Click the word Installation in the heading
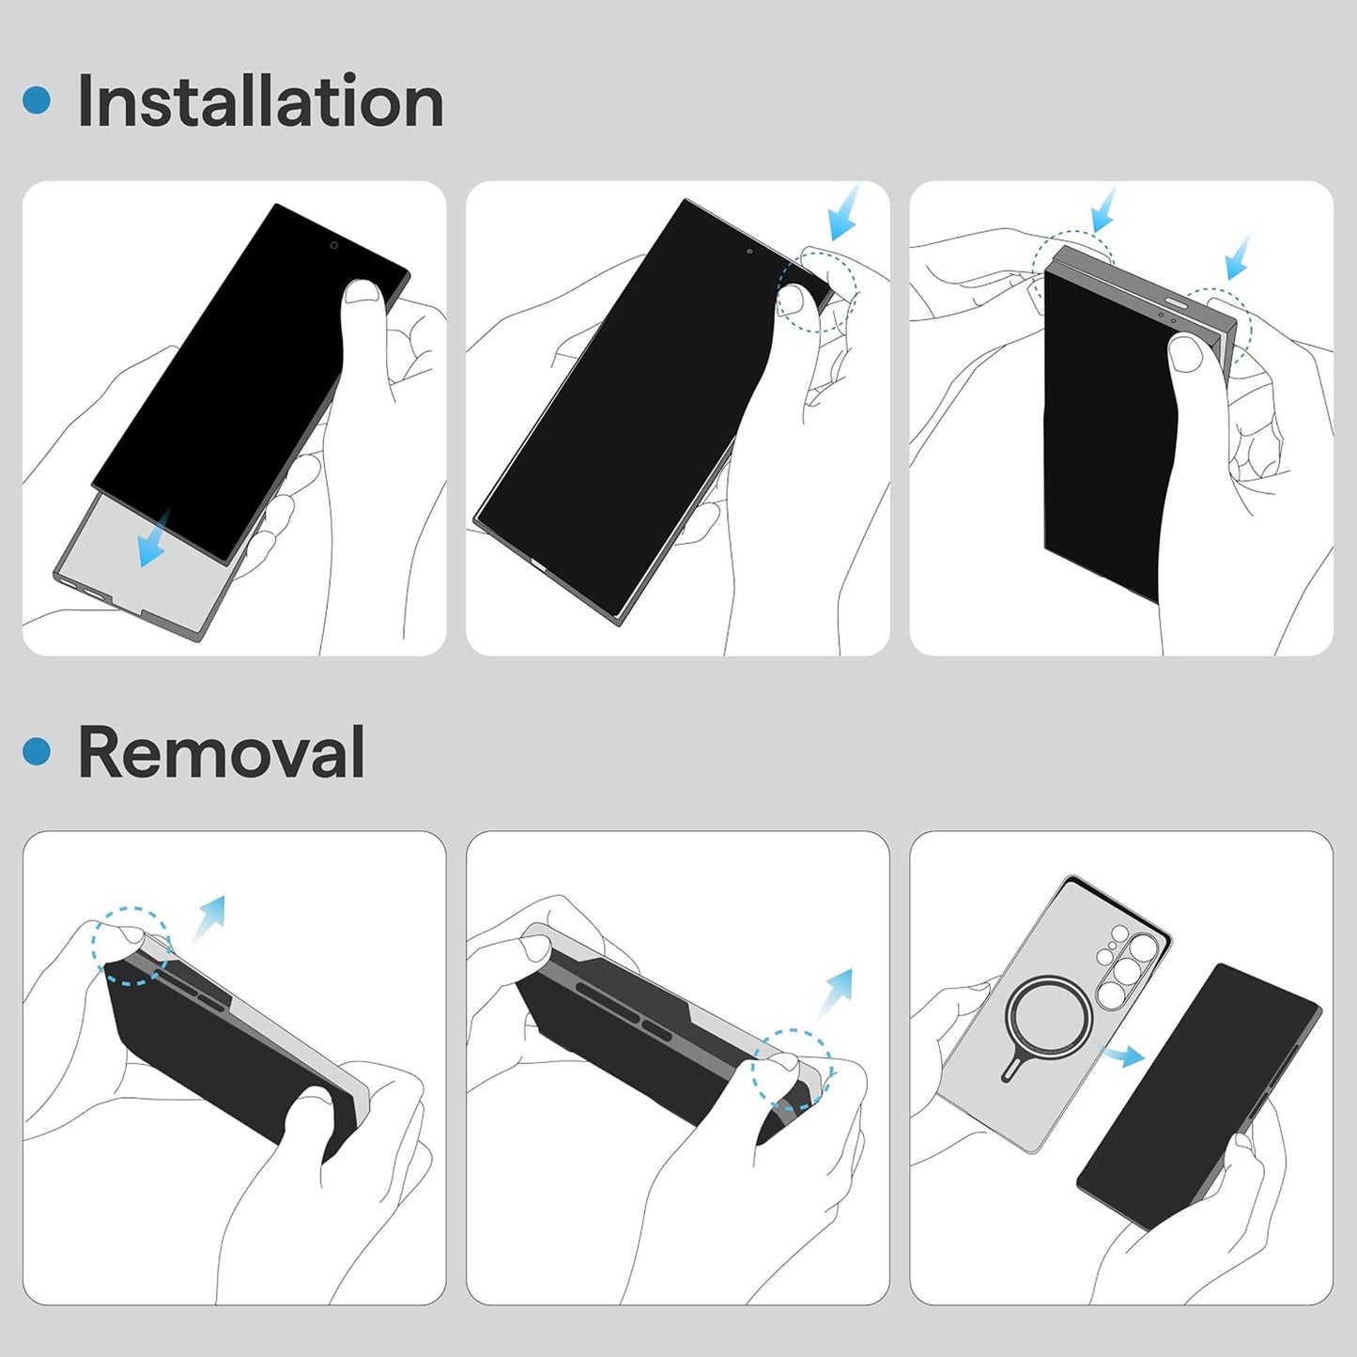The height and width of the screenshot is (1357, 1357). pyautogui.click(x=260, y=100)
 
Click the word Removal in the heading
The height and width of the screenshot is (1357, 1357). pyautogui.click(x=221, y=751)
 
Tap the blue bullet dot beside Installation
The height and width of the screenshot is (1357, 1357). pyautogui.click(x=37, y=100)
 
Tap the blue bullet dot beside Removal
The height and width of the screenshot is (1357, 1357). pyautogui.click(x=37, y=750)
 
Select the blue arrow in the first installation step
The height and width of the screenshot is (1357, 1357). pyautogui.click(x=154, y=539)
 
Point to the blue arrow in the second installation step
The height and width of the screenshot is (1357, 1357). pyautogui.click(x=843, y=212)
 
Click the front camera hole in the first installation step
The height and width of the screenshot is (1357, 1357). pyautogui.click(x=333, y=246)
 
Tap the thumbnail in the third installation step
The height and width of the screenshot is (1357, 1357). pyautogui.click(x=1187, y=352)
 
